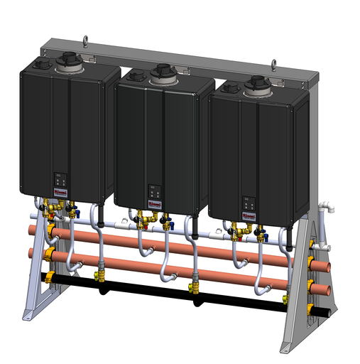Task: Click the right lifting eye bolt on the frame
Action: (x=273, y=65)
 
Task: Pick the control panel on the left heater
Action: (x=60, y=179)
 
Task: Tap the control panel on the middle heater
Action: (x=153, y=192)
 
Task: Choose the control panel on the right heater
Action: (x=248, y=202)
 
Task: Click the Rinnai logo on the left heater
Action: (x=59, y=192)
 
